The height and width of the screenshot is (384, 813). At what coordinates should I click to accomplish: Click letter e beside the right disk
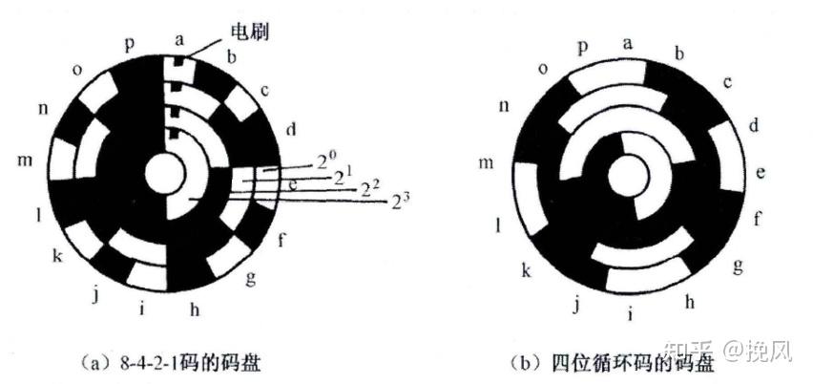pos(761,172)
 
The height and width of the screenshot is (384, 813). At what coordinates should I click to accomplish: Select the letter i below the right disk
pos(629,311)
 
